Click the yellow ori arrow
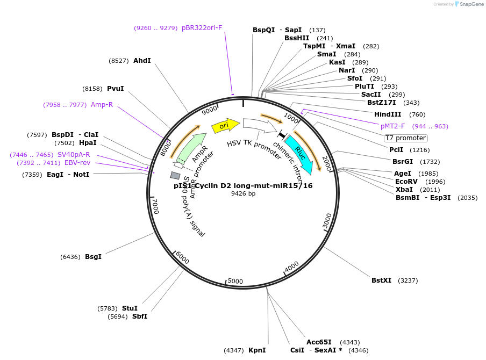tap(225, 126)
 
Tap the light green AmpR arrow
tap(190, 148)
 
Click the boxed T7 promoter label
tap(405, 138)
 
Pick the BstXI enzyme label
tap(381, 280)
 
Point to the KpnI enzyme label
tap(257, 350)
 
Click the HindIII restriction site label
tap(388, 114)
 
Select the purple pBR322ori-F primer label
tap(202, 28)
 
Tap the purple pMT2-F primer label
tap(392, 126)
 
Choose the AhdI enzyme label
tap(142, 61)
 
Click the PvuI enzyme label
tap(115, 89)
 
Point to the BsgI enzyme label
tap(93, 257)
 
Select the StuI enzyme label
tap(130, 308)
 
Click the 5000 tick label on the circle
tap(235, 281)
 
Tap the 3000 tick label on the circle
tap(327, 220)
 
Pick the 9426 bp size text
tap(243, 193)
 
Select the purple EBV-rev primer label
tap(77, 163)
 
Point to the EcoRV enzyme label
tap(406, 182)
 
